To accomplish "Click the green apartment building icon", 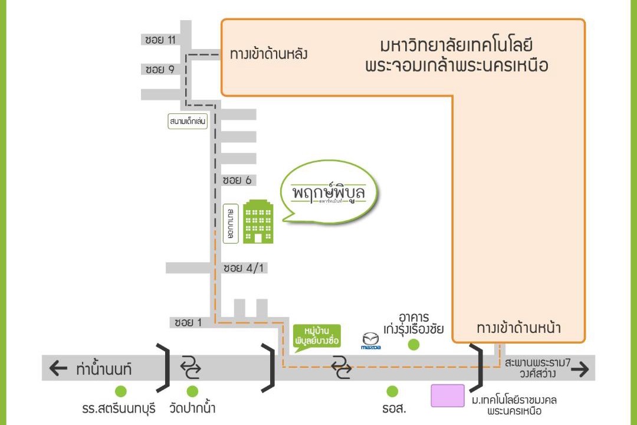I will (258, 221).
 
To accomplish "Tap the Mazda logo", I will (371, 341).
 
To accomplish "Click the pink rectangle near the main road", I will (447, 395).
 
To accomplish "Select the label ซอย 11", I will (160, 40).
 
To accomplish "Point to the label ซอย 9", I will (160, 70).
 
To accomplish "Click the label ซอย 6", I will (238, 179).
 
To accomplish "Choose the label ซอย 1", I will (189, 323).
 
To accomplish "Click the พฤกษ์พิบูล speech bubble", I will (329, 194).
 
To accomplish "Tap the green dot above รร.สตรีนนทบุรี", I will (121, 391).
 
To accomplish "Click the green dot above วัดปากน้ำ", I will (192, 391).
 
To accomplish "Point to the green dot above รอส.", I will (392, 391).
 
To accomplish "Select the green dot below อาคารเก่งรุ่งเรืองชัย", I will (413, 345).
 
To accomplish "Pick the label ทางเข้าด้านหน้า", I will (518, 328).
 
